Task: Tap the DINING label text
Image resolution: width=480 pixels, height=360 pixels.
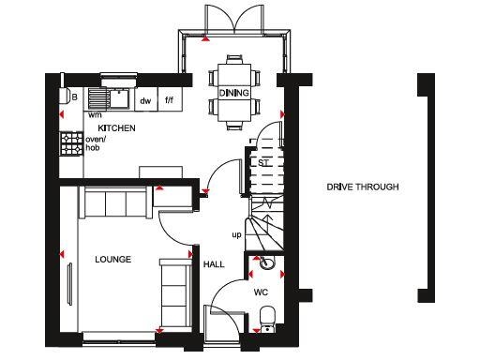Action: pos(232,94)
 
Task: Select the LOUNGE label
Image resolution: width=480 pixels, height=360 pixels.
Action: pos(112,260)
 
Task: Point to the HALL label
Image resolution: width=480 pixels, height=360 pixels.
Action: pos(214,264)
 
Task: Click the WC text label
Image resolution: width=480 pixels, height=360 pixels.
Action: pos(261,292)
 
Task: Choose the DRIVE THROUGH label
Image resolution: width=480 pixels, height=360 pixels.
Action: pos(363,187)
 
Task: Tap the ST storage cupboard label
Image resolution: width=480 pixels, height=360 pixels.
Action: pos(263,161)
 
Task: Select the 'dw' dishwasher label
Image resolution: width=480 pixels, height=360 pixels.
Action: pos(145,99)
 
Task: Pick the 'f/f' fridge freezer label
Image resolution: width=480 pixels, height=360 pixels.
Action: pos(170,99)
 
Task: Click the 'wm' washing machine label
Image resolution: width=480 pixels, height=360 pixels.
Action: pos(96,113)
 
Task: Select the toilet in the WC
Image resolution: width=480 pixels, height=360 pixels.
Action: pos(266,317)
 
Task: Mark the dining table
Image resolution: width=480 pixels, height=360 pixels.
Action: pos(232,92)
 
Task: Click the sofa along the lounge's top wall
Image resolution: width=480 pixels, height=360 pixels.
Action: pos(116,202)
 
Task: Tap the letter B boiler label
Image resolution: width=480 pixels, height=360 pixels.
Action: pos(72,96)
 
